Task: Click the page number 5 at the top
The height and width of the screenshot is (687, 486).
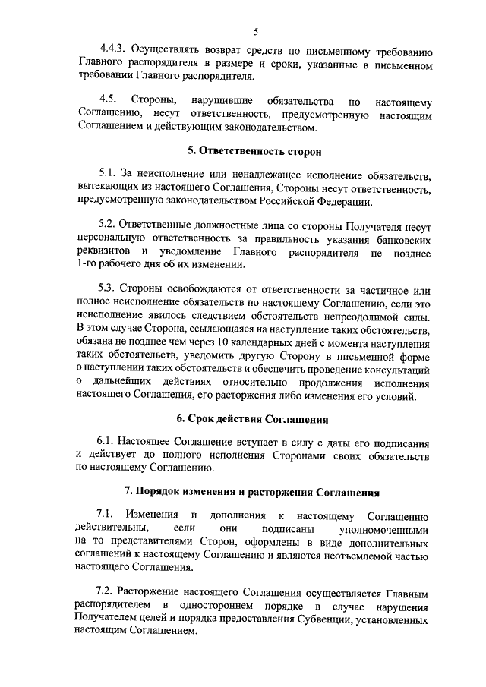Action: (256, 31)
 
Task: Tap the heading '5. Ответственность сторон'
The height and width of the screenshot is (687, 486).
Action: (254, 152)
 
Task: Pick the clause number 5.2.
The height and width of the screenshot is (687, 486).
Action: (109, 226)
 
